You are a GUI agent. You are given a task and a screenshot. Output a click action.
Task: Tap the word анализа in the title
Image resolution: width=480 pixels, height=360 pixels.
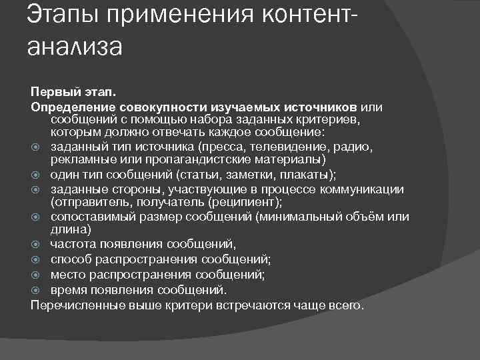coord(75,47)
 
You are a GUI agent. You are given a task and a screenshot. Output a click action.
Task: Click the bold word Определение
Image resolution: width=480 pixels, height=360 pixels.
coord(73,106)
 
